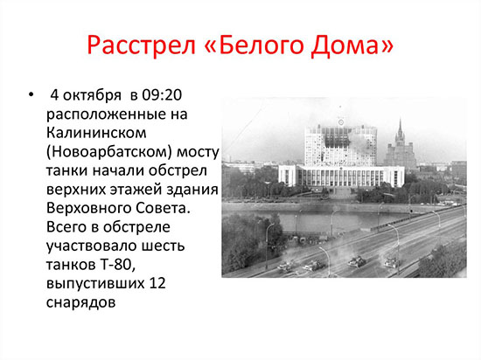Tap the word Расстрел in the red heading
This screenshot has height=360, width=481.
142,45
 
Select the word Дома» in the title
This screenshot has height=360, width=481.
352,45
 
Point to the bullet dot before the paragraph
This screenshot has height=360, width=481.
31,95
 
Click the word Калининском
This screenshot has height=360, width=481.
96,133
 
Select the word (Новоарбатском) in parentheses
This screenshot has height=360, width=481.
109,152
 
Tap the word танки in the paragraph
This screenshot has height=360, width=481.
66,170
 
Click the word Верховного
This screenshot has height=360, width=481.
88,208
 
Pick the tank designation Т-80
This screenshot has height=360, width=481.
117,265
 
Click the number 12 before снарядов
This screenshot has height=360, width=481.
157,283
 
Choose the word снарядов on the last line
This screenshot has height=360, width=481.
81,302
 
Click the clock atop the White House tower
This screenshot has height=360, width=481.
340,122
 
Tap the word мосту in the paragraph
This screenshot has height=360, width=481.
198,153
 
